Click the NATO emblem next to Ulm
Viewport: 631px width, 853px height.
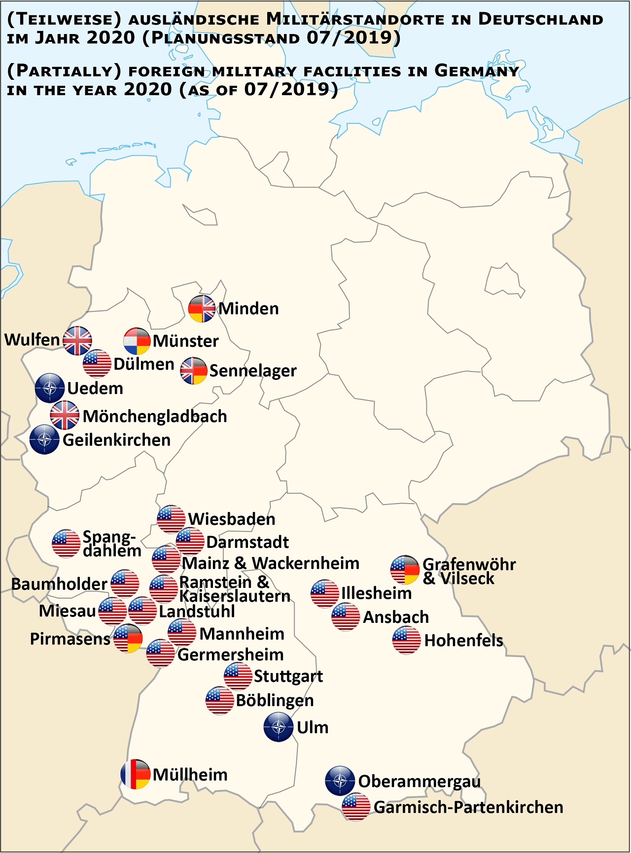(x=279, y=727)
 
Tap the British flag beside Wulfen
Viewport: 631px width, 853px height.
(x=77, y=341)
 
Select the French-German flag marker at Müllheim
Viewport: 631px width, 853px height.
(x=136, y=774)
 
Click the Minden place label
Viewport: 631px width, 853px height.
(x=248, y=308)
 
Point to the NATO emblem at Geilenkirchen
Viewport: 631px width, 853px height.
(x=44, y=440)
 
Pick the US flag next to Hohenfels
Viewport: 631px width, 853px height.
(x=407, y=640)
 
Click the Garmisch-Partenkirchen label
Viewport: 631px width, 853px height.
(x=468, y=807)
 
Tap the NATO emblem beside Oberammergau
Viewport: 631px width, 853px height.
(x=340, y=781)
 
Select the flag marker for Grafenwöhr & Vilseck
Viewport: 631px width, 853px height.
(x=405, y=570)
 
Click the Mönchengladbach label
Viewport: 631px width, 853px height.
(x=155, y=416)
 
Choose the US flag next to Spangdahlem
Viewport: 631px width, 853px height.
(x=66, y=544)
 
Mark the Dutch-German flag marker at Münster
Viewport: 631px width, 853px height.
(x=137, y=341)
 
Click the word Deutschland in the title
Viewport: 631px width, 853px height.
(x=540, y=20)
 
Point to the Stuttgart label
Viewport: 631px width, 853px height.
(x=288, y=676)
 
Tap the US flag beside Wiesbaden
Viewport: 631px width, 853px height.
(x=171, y=519)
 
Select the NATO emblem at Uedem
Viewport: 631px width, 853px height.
(x=50, y=388)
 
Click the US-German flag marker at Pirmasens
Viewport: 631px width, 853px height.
(x=128, y=638)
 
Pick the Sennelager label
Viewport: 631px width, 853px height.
(x=253, y=371)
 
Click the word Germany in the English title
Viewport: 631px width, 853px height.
(x=476, y=71)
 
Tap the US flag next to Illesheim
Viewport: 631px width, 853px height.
(x=325, y=593)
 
